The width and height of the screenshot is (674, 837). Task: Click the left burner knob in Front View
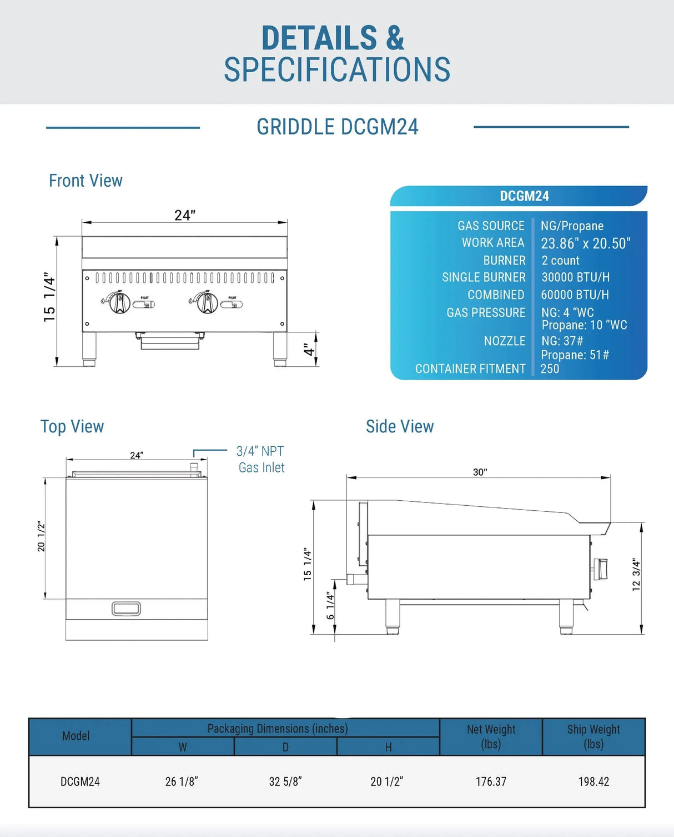coord(119,302)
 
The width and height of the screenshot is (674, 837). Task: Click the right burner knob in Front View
coord(208,302)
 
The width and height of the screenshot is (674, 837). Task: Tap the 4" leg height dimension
coord(309,350)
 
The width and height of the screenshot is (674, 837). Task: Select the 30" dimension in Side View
coord(480,472)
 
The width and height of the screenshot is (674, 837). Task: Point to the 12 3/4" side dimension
coord(636,575)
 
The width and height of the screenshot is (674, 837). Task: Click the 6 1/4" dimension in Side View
coord(330,605)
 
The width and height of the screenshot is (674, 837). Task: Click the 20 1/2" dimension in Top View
coord(41,536)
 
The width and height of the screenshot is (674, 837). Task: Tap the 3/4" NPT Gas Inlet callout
coord(261,459)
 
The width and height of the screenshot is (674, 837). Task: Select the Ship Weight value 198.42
coord(593,781)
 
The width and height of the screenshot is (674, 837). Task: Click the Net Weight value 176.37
coord(491,781)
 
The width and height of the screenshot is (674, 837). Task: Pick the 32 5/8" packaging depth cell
coord(285,781)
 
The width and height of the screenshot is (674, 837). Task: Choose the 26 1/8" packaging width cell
coord(182,781)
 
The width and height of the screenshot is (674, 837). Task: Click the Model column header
coord(76,736)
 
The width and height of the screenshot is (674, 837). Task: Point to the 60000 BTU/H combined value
coord(575,295)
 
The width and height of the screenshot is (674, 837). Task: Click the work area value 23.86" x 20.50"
coord(585,243)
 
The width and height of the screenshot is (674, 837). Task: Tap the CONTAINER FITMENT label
coord(470,368)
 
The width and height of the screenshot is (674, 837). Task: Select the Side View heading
coord(400,426)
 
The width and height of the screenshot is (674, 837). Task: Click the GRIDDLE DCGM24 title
coord(337,127)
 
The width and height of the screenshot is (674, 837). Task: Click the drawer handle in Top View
coord(126,609)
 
